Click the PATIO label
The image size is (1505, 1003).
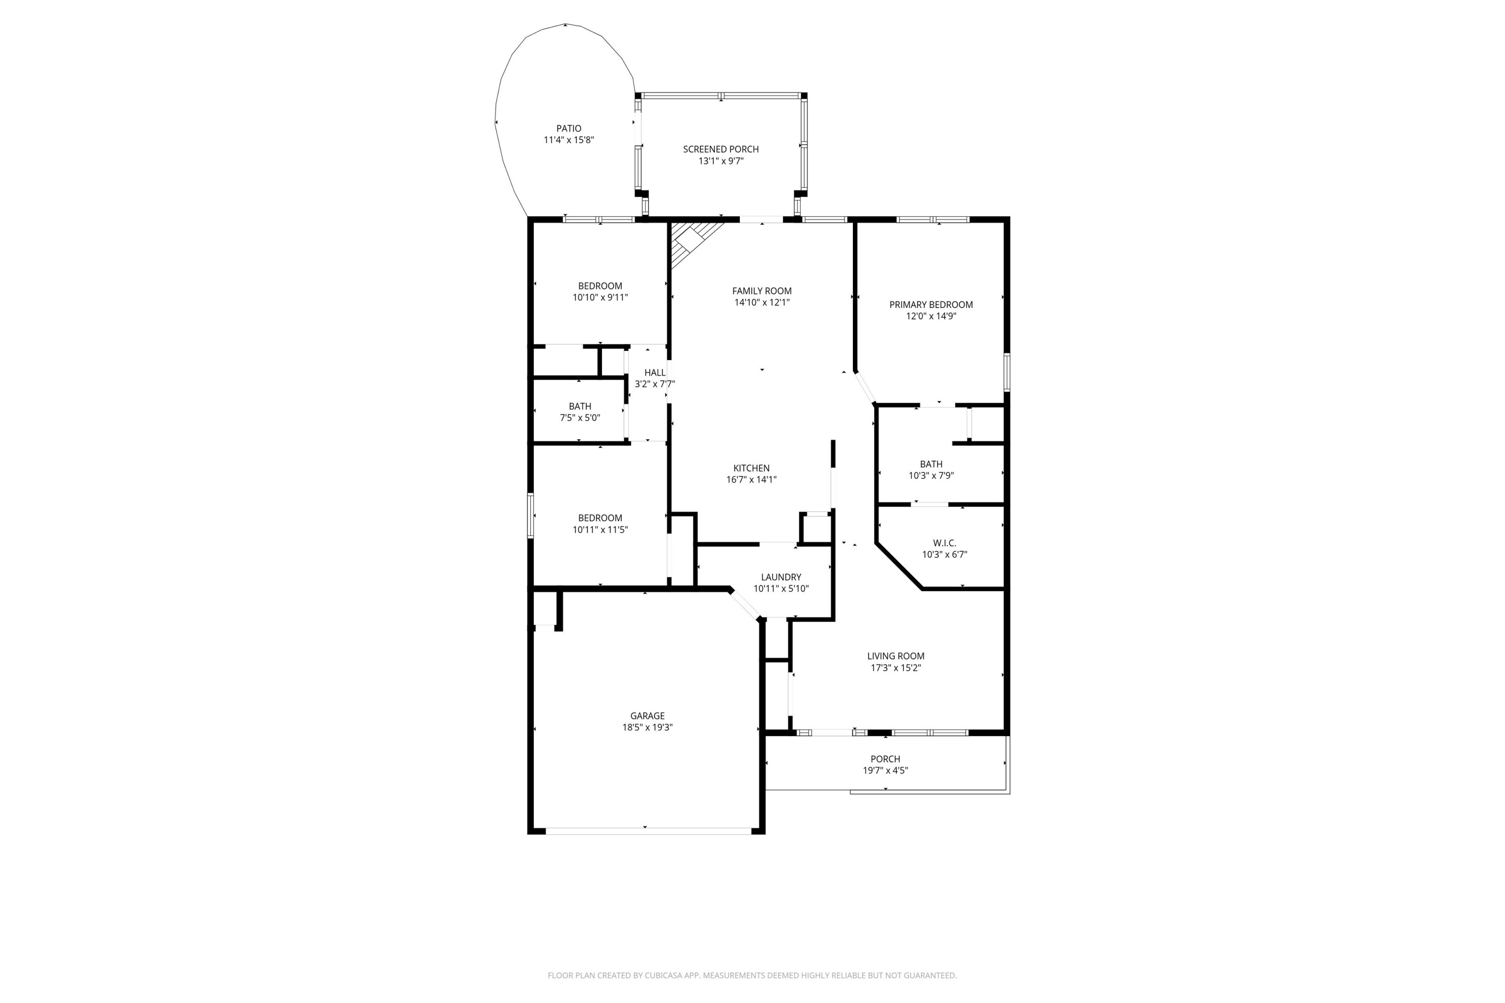pyautogui.click(x=568, y=128)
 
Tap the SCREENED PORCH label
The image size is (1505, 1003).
pyautogui.click(x=720, y=149)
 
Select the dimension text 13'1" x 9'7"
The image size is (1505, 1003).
pyautogui.click(x=720, y=161)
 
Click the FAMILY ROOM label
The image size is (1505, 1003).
pyautogui.click(x=762, y=291)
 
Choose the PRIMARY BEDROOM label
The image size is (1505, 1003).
pyautogui.click(x=931, y=304)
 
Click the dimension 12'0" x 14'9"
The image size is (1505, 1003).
pyautogui.click(x=931, y=316)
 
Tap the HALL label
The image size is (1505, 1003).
pyautogui.click(x=655, y=372)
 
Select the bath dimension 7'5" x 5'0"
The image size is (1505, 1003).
pyautogui.click(x=580, y=418)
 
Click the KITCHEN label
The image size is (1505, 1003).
pyautogui.click(x=751, y=468)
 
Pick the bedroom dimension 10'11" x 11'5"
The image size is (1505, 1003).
pyautogui.click(x=599, y=530)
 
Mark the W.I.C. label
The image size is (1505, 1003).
pyautogui.click(x=944, y=543)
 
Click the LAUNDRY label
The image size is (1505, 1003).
pyautogui.click(x=781, y=577)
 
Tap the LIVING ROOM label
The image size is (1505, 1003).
pyautogui.click(x=895, y=655)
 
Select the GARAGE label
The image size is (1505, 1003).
pyautogui.click(x=647, y=716)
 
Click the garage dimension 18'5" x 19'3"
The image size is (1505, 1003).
pyautogui.click(x=647, y=727)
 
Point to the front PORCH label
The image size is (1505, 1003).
pyautogui.click(x=885, y=759)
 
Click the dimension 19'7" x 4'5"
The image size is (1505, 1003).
pyautogui.click(x=885, y=770)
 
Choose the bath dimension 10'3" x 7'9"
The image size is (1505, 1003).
pyautogui.click(x=931, y=475)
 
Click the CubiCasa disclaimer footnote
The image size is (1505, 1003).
pyautogui.click(x=752, y=975)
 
